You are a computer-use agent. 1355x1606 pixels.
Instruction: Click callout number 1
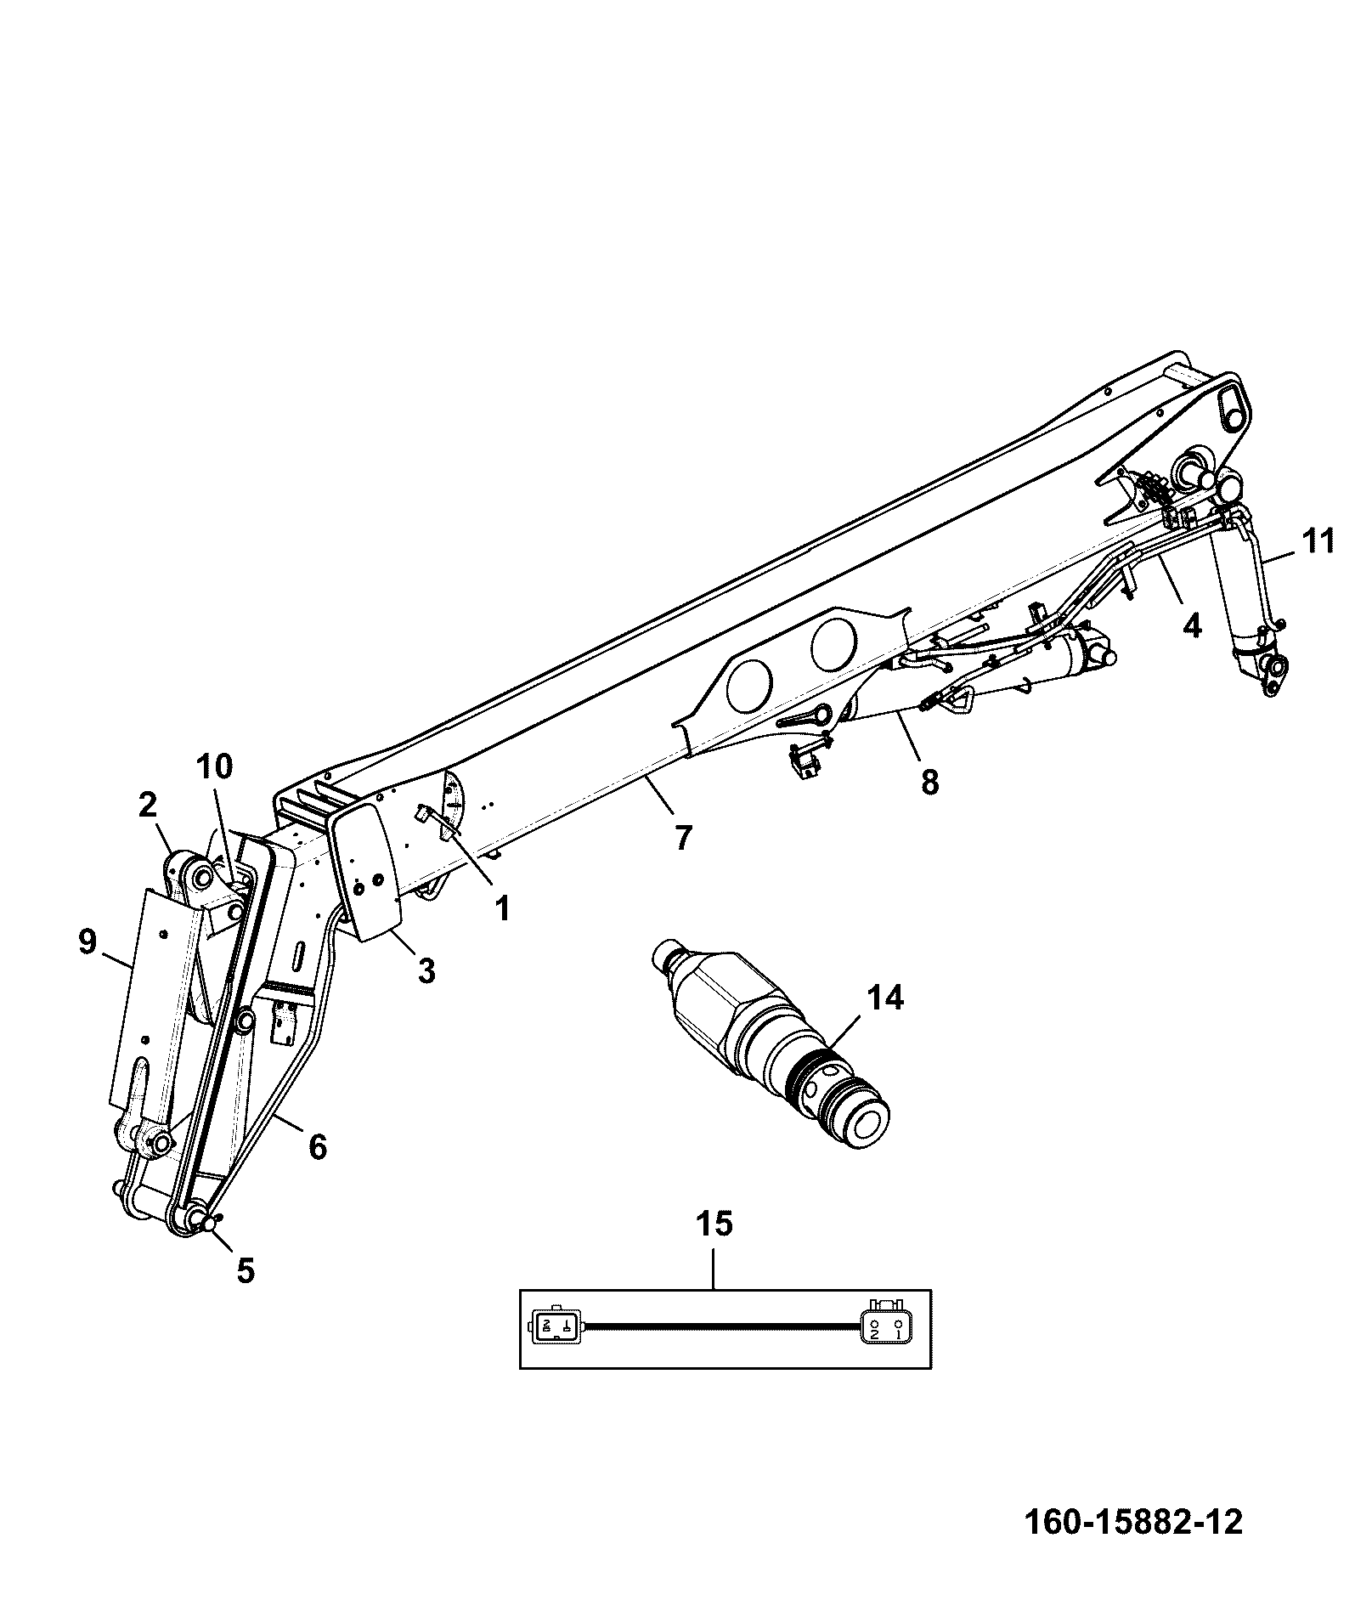click(x=502, y=909)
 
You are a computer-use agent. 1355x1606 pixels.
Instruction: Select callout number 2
click(x=148, y=806)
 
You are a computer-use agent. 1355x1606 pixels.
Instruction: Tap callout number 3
click(x=426, y=970)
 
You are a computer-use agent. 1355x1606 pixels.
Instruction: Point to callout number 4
click(x=1193, y=626)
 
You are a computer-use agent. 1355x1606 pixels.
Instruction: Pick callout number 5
click(x=245, y=1270)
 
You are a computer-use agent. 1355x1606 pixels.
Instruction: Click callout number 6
click(x=317, y=1147)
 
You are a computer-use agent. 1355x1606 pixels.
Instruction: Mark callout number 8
click(x=930, y=782)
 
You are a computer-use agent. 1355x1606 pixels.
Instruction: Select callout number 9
click(x=88, y=943)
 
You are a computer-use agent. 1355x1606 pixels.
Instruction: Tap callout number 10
click(x=213, y=766)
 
